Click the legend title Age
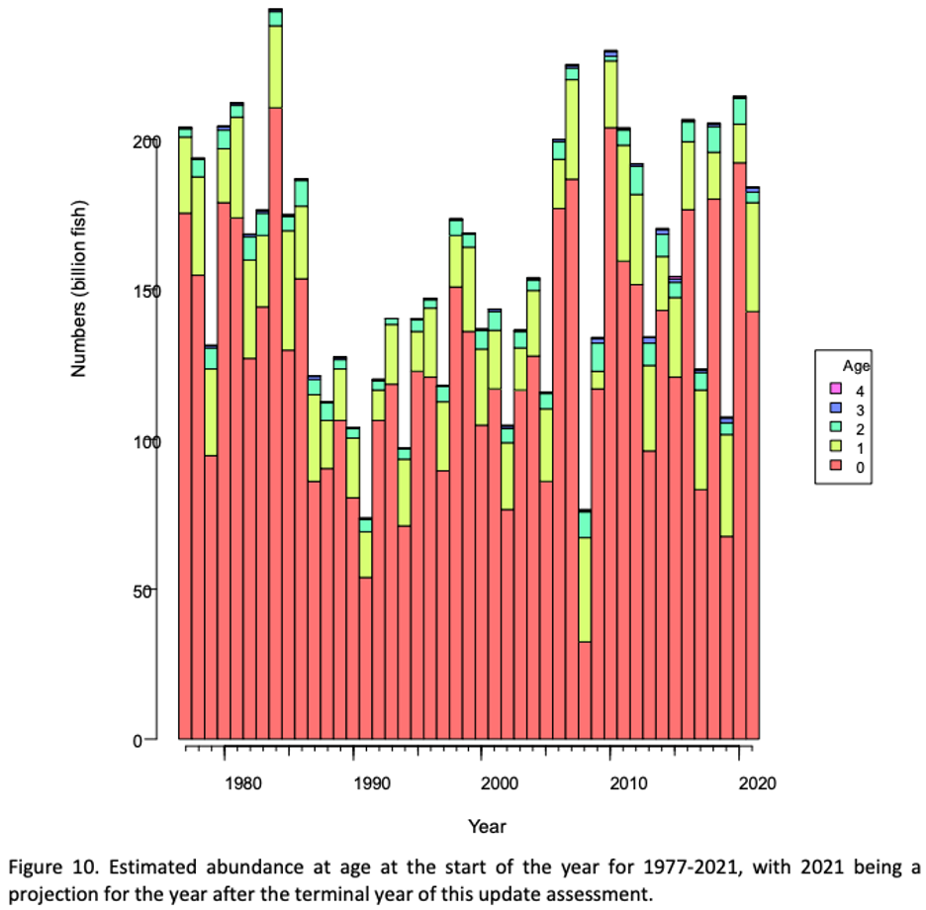tap(857, 366)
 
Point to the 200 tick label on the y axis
tap(146, 142)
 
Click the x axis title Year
tap(487, 826)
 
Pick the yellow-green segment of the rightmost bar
tap(752, 257)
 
